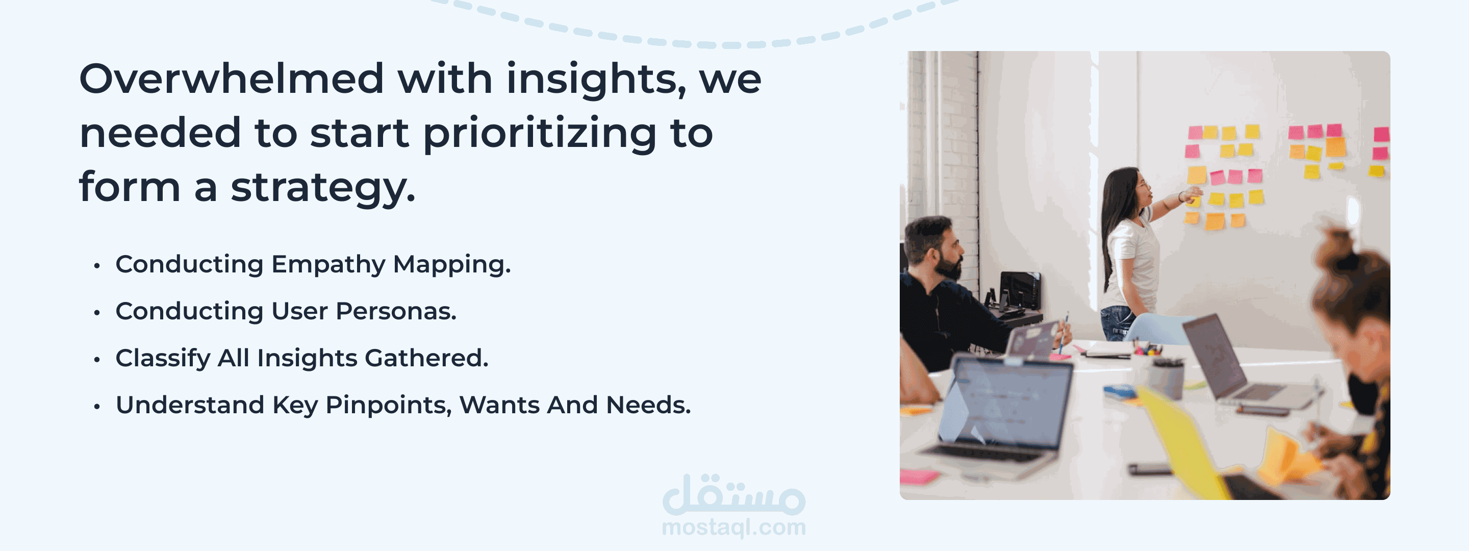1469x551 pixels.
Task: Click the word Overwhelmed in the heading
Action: pos(232,78)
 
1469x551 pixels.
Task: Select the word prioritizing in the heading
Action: pos(540,135)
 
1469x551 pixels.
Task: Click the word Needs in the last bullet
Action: pos(648,405)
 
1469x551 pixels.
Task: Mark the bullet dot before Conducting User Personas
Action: pos(97,313)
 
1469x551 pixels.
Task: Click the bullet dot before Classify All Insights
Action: pos(97,359)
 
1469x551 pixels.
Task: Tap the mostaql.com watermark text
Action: pos(734,528)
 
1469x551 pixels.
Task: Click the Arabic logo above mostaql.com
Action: pos(734,494)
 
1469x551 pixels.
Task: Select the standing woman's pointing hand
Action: pos(1193,194)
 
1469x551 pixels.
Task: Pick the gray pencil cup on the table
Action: pos(1167,379)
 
